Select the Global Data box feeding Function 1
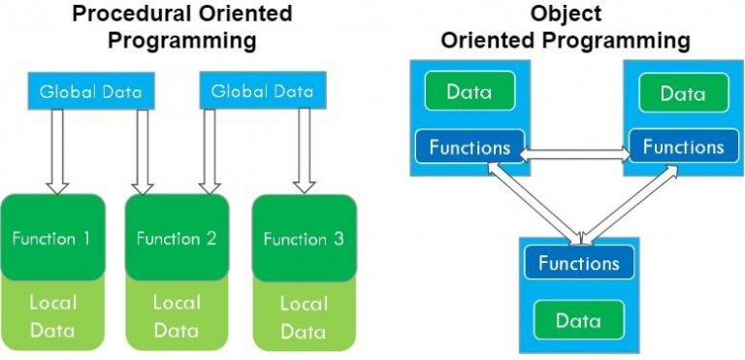tap(90, 92)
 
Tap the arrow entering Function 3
tap(305, 150)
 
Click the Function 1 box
tap(52, 237)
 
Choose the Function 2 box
tap(177, 237)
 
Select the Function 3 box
tap(303, 238)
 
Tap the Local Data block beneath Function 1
tap(52, 316)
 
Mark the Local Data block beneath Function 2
tap(177, 316)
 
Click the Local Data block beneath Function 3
tap(303, 316)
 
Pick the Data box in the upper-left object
tap(469, 93)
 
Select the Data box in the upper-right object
tap(682, 93)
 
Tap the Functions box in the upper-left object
tap(470, 147)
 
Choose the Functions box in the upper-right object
tap(683, 147)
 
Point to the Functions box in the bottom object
tap(578, 263)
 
